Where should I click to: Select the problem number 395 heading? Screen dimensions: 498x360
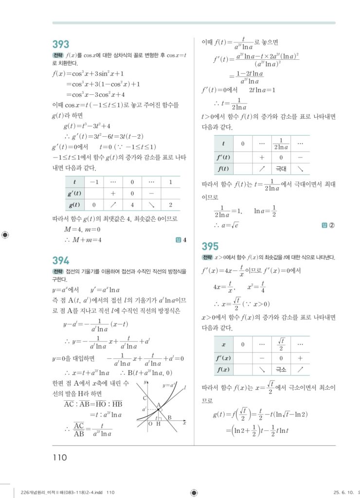[x=210, y=246]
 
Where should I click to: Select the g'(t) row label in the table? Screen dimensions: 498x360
[x=74, y=193]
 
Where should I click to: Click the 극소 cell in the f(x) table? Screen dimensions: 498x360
[x=280, y=370]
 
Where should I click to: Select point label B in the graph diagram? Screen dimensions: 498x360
[x=169, y=417]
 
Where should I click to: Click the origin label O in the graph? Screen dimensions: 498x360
[x=150, y=424]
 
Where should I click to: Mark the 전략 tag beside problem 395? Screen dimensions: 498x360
[x=207, y=257]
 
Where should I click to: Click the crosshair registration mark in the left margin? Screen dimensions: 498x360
[x=5, y=235]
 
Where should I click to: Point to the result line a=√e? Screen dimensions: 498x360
[x=225, y=225]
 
